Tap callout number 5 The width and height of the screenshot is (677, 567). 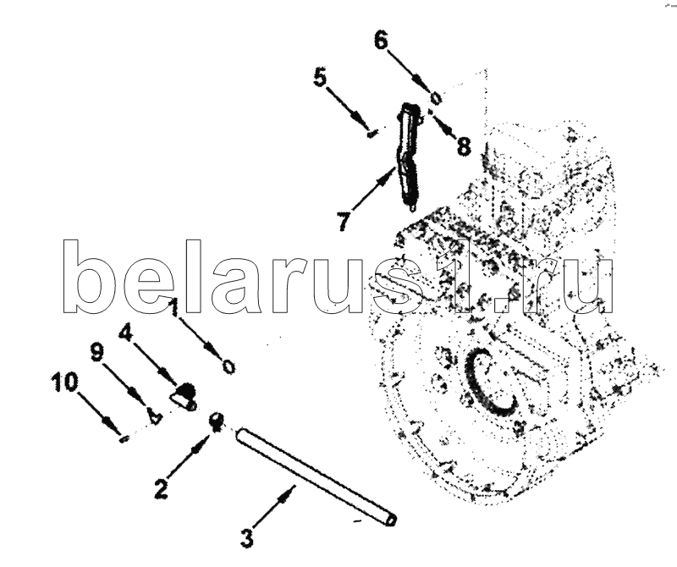point(320,78)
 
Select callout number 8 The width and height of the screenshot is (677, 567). point(463,146)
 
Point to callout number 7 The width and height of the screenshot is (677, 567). point(344,222)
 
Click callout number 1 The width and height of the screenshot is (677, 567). point(173,308)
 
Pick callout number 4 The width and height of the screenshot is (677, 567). point(126,333)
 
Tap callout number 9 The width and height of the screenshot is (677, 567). point(96,353)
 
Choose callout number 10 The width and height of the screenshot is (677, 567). point(65,383)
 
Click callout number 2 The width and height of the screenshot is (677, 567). point(161,489)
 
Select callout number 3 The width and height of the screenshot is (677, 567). point(246,538)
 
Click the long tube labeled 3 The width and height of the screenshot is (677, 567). point(316,476)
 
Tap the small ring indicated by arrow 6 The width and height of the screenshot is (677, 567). point(436,98)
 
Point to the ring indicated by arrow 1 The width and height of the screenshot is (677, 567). point(228,367)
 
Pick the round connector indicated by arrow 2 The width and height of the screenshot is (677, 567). point(217,421)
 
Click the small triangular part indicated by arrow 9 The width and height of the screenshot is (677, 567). point(154,416)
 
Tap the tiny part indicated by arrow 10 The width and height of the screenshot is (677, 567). point(124,439)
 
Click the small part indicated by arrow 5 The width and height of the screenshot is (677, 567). point(372,134)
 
